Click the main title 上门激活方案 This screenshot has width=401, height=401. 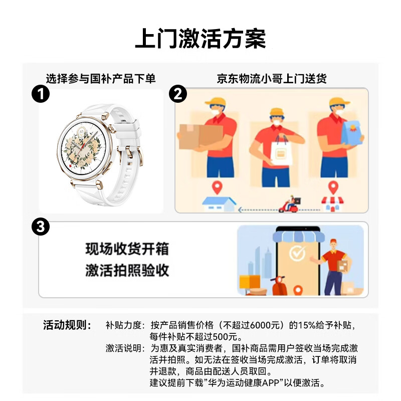coord(200,39)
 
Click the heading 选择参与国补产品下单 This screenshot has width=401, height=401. coord(101,78)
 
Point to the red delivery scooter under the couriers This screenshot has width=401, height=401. coord(290,205)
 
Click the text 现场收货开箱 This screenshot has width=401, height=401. coord(127,249)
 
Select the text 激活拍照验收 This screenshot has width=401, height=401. coord(127,271)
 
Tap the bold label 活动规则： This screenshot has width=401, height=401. coord(67,325)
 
